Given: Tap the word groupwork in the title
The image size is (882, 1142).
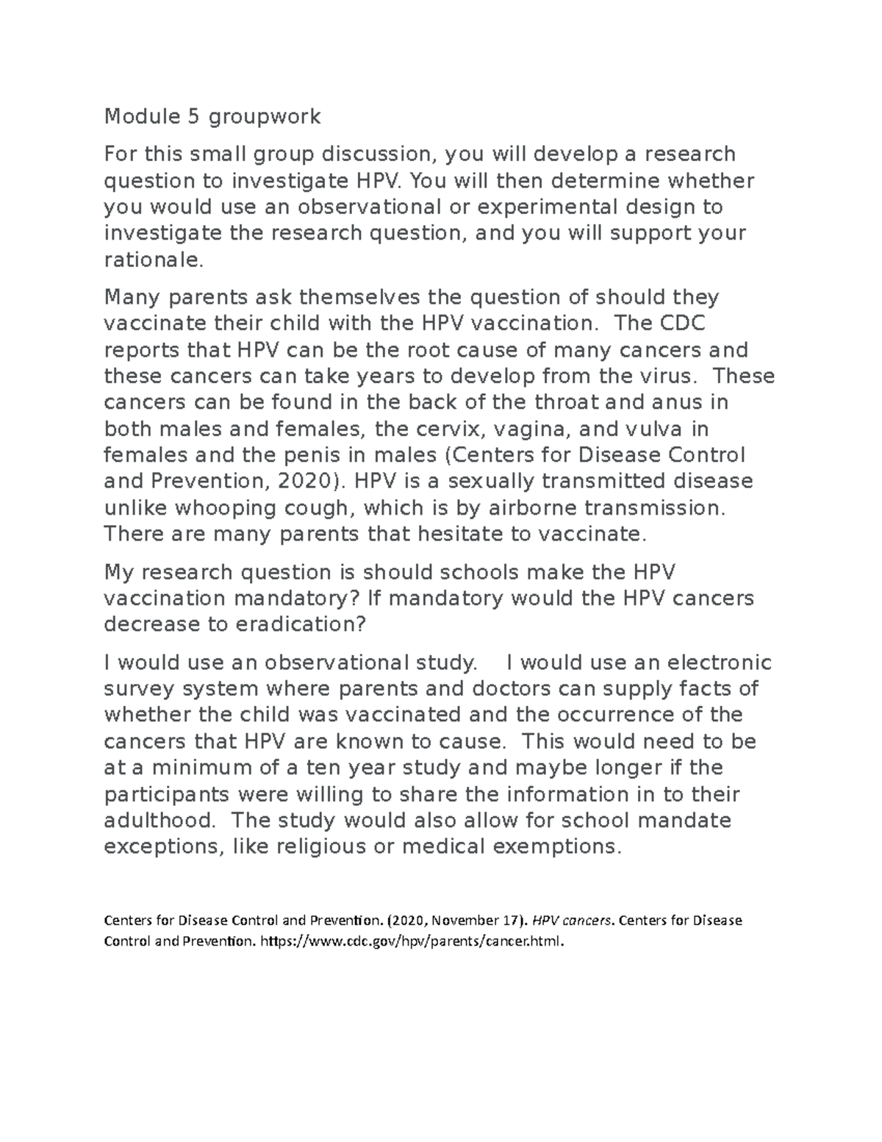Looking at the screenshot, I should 265,117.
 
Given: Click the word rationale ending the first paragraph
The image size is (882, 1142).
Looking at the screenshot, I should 151,260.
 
